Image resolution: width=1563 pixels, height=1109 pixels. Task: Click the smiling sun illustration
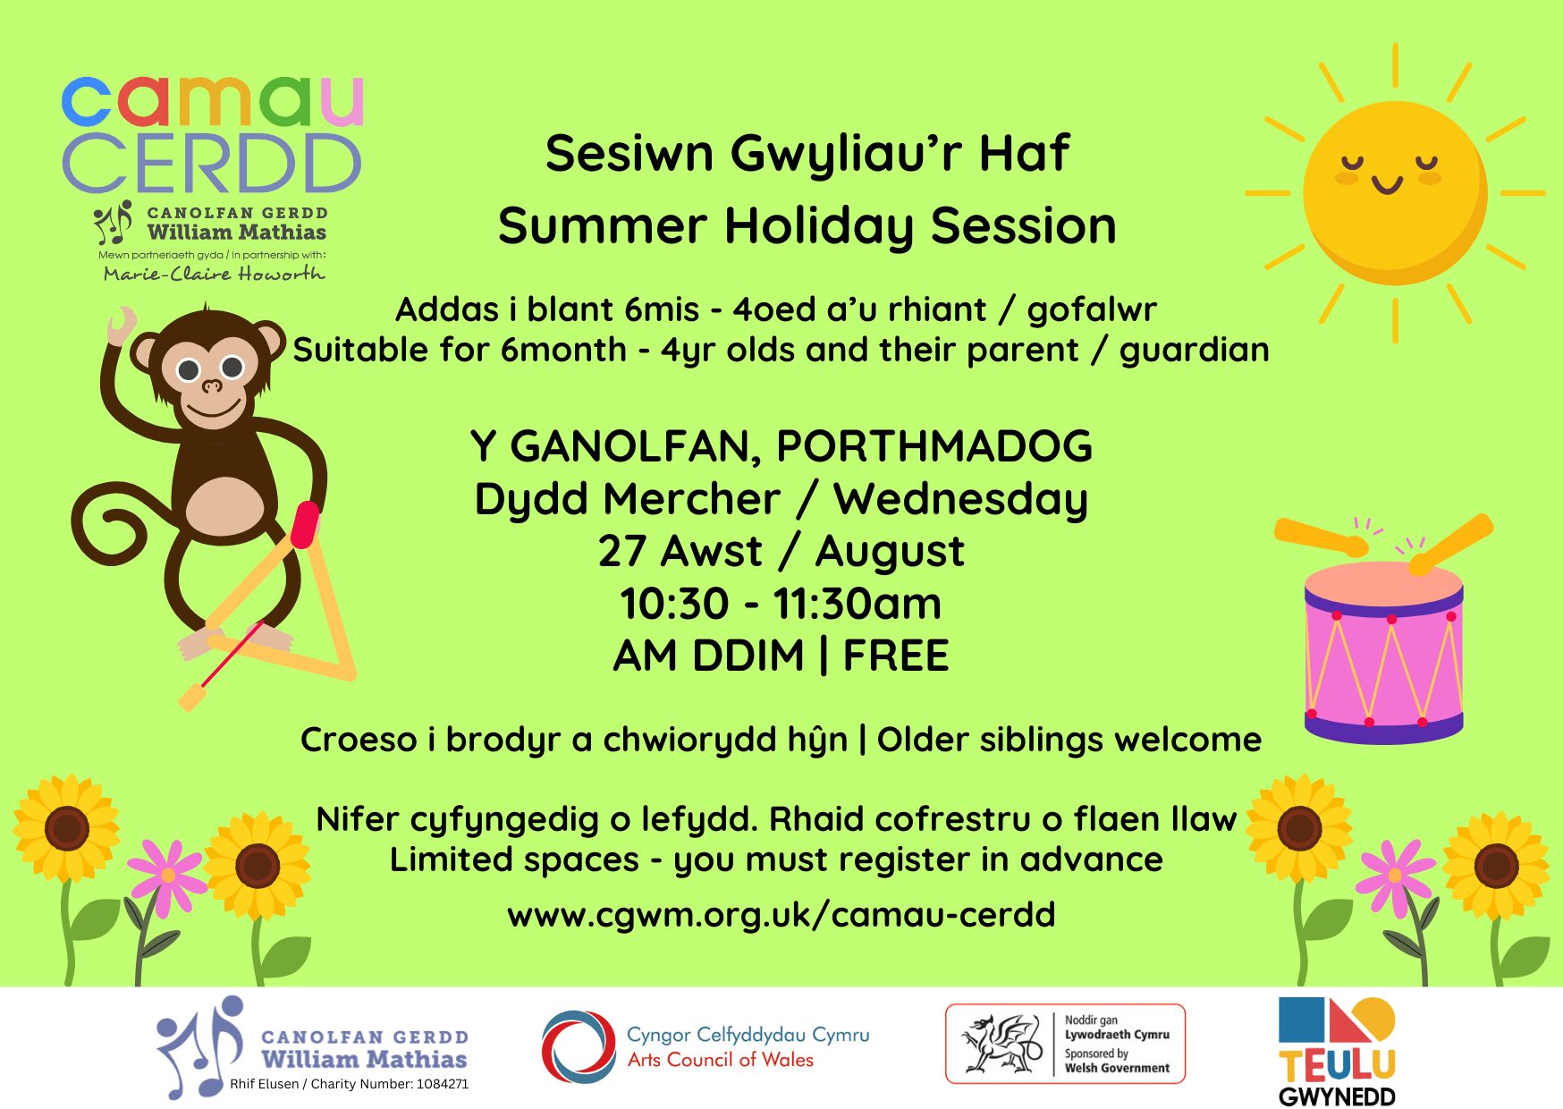click(1395, 193)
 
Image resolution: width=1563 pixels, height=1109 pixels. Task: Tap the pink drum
click(1384, 653)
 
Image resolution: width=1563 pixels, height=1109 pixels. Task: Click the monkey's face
click(209, 376)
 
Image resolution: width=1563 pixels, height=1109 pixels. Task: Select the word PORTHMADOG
click(934, 446)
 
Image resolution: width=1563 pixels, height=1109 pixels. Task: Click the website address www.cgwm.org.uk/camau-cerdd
click(781, 915)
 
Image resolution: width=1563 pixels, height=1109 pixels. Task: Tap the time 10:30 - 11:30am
click(781, 604)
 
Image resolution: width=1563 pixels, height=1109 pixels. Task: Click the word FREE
click(895, 656)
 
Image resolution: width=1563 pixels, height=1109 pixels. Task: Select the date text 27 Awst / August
click(781, 551)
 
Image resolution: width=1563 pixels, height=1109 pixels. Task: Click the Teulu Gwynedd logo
click(1337, 1052)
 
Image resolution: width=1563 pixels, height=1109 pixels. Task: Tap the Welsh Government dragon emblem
click(1001, 1044)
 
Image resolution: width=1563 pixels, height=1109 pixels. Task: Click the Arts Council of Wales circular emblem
click(579, 1046)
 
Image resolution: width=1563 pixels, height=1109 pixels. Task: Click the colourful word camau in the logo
click(213, 101)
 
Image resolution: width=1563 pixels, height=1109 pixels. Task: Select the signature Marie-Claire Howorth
click(214, 274)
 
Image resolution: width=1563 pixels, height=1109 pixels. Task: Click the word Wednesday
click(961, 499)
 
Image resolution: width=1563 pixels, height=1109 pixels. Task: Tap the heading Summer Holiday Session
click(807, 225)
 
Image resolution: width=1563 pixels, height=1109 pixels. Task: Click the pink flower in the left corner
click(166, 875)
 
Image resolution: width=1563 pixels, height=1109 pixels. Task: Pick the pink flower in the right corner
click(1395, 875)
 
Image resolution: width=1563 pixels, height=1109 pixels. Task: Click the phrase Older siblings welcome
click(1069, 740)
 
